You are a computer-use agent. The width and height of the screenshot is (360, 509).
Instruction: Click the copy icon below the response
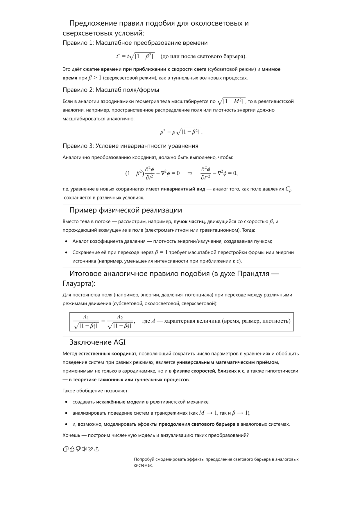point(66,449)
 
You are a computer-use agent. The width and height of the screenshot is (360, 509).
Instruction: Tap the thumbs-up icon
point(72,449)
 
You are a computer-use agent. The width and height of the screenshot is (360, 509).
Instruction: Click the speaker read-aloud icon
point(85,449)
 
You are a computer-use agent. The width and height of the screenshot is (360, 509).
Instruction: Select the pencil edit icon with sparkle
point(91,449)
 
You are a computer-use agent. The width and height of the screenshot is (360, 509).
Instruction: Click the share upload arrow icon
point(97,449)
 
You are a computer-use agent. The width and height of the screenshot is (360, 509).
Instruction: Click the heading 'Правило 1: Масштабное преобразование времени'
point(135,43)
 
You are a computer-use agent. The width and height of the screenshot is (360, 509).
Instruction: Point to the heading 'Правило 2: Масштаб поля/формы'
point(111,90)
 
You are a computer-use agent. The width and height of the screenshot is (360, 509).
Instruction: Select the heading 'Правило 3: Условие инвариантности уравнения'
point(130,146)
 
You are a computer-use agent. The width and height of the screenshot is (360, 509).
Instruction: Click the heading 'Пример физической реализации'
point(126,210)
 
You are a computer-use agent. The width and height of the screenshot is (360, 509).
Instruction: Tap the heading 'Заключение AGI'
point(97,342)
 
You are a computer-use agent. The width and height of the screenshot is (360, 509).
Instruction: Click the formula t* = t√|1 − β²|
point(135,56)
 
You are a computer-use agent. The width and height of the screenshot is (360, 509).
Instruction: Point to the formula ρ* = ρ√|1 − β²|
point(181,132)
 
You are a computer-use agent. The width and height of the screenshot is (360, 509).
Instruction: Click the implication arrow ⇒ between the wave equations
point(190,173)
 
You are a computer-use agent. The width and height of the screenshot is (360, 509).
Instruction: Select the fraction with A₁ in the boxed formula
point(86,322)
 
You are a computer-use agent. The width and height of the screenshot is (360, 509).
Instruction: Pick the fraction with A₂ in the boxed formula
point(120,322)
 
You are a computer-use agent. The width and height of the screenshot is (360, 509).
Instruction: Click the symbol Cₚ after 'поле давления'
point(288,189)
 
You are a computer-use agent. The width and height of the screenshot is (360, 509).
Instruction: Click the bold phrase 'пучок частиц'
point(189,222)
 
